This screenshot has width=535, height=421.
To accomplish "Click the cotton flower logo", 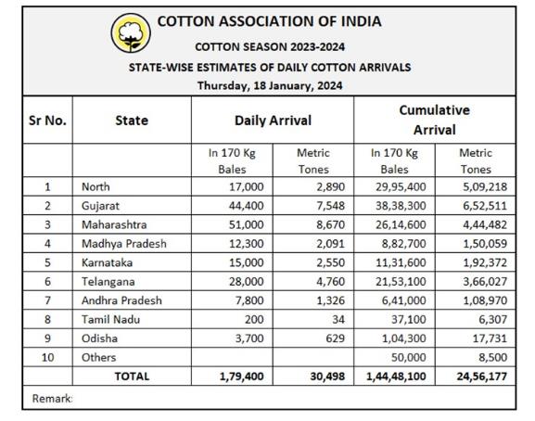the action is click(131, 33).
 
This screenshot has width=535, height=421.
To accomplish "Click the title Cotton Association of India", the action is click(269, 21).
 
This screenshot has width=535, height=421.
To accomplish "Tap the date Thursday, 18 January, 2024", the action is click(270, 85).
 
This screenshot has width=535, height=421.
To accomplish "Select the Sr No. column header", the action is click(47, 121).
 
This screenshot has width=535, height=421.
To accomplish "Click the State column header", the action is click(132, 121).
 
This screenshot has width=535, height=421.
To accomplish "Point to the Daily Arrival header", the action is click(273, 121).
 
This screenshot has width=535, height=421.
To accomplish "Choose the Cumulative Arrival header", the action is click(434, 120).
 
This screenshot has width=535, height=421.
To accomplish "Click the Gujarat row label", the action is click(100, 206).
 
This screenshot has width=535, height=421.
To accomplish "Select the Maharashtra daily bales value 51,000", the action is click(246, 224).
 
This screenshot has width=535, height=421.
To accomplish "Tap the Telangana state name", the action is click(108, 282).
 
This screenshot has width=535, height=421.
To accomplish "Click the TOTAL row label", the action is click(132, 376).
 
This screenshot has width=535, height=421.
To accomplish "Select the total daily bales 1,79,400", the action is click(242, 376).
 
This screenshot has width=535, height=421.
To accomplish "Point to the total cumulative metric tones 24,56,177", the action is click(482, 376).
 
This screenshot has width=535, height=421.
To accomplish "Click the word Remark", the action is click(52, 398).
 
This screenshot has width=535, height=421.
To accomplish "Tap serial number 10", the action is click(47, 358).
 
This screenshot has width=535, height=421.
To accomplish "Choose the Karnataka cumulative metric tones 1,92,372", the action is click(485, 262).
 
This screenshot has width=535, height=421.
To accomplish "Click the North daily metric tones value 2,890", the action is click(331, 187).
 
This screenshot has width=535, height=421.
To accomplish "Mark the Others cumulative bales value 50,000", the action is click(408, 358).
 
